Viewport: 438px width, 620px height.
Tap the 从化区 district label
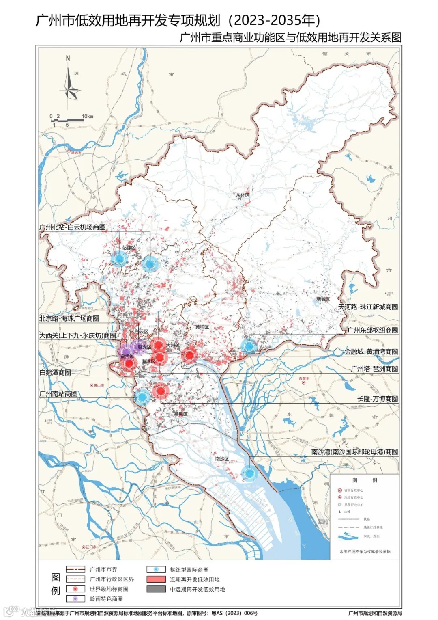coord(243,195)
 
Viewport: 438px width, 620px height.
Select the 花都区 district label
coord(129,247)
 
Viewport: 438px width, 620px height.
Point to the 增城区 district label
coord(323,299)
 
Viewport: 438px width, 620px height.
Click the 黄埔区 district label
coord(202,327)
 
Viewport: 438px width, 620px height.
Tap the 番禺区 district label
coord(181,414)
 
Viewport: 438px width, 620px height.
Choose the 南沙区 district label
coord(222,458)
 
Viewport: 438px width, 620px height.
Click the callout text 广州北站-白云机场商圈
coord(73,227)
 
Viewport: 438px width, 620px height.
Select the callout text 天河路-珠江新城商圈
coord(368,307)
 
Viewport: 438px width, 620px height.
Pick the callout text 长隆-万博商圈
coord(377,399)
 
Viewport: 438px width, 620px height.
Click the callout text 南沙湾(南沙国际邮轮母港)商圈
coord(354,451)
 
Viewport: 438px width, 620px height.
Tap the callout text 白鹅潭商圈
coord(55,372)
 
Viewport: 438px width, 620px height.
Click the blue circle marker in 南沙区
coord(249,473)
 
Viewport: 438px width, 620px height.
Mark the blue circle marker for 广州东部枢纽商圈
coord(249,346)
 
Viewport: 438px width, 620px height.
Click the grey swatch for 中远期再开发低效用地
coord(156,589)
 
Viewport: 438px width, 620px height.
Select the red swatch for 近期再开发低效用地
coord(156,579)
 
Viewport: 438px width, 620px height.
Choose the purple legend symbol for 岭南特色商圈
coord(75,599)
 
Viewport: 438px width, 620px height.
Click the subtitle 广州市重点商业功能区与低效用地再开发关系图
coord(290,38)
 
